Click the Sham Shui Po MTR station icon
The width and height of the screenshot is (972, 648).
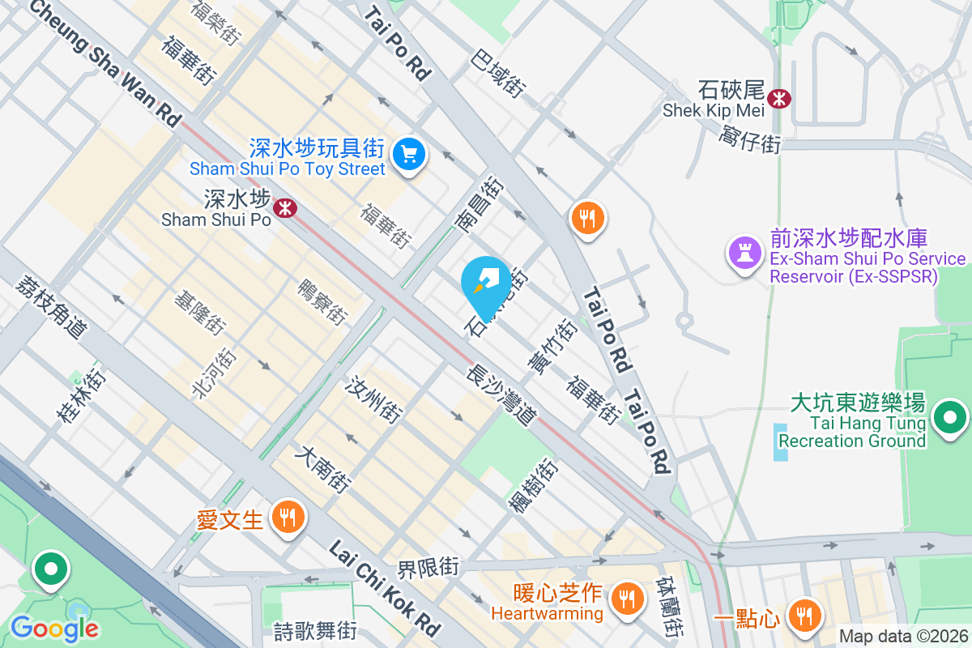284,208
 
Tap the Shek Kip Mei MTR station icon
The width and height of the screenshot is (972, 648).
780,99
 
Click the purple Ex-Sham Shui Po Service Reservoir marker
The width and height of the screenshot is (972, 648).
744,252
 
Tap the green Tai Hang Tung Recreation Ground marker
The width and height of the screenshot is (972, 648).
949,419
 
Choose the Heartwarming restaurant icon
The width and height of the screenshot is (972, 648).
625,599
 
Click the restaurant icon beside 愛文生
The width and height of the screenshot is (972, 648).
287,515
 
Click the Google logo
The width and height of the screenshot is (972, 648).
54,629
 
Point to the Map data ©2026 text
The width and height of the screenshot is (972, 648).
903,636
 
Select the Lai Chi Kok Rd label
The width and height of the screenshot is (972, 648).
384,588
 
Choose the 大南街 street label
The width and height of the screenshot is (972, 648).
325,470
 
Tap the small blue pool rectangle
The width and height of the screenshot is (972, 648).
780,441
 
